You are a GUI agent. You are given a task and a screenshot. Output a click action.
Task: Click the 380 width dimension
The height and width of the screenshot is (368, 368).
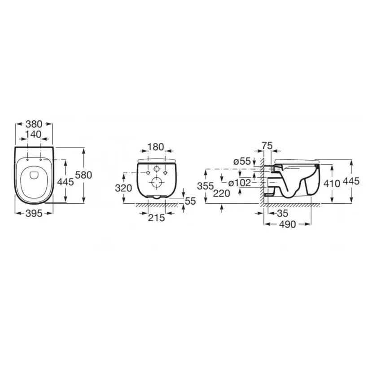34,124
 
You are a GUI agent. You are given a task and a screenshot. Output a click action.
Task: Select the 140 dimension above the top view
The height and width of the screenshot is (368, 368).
33,135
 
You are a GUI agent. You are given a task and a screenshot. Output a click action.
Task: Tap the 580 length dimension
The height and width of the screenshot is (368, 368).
83,175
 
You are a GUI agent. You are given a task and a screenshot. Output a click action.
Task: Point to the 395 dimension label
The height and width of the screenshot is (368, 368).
34,213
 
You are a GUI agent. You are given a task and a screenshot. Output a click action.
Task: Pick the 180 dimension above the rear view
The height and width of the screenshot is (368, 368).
155,147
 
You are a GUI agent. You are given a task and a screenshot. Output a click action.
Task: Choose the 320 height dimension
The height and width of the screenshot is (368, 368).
123,188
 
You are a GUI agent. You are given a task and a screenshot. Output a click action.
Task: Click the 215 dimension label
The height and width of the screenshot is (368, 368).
156,218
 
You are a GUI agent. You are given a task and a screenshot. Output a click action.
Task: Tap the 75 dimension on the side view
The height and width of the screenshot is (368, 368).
267,146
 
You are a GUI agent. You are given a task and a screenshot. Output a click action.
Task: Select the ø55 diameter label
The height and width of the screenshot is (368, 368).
242,162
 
